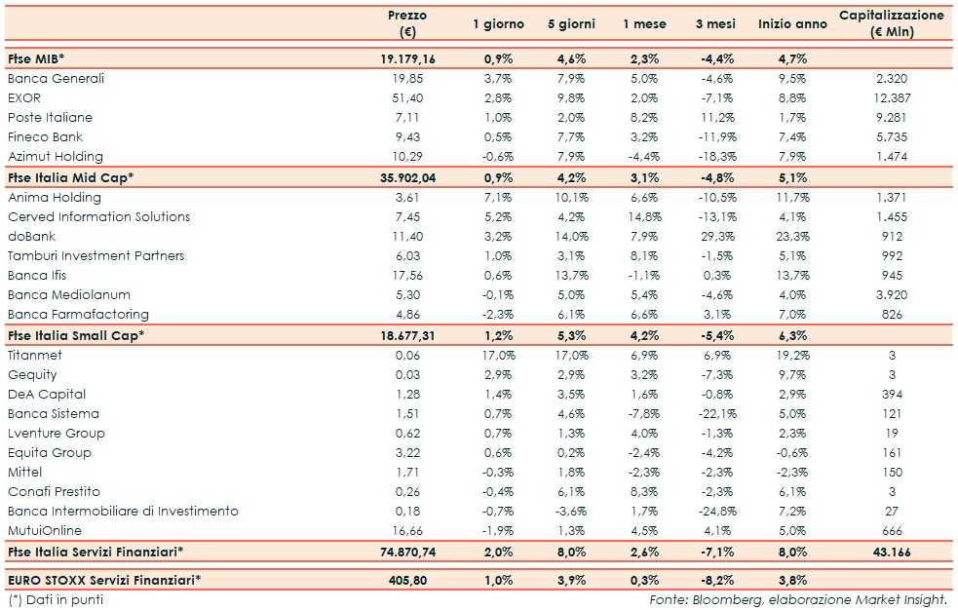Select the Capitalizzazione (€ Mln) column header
pyautogui.click(x=891, y=23)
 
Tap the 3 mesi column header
pyautogui.click(x=715, y=24)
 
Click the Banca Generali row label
pyautogui.click(x=56, y=79)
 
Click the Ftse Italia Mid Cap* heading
pyautogui.click(x=70, y=177)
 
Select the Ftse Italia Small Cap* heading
pyautogui.click(x=75, y=335)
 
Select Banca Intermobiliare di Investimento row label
pyautogui.click(x=123, y=512)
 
